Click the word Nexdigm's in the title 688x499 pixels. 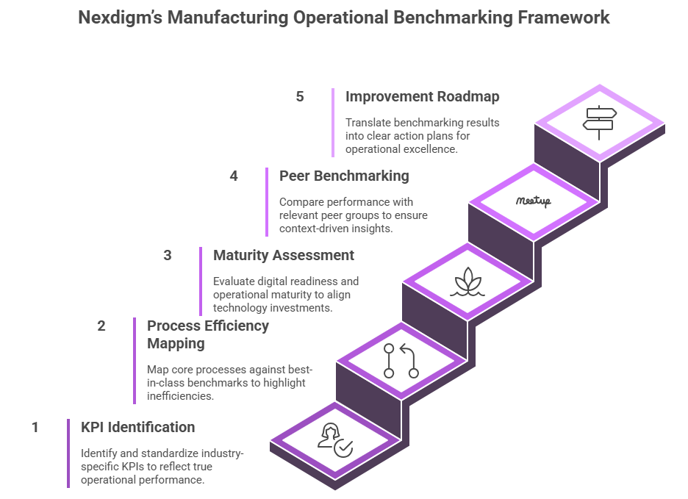point(119,18)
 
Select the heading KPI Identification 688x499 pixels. point(137,427)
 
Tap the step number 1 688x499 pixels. point(35,427)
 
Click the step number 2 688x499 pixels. point(101,326)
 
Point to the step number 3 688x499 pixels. point(168,255)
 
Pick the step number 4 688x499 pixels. point(234,176)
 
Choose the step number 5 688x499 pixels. point(300,96)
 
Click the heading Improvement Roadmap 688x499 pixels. point(422,96)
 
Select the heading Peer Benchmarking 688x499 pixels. point(344,176)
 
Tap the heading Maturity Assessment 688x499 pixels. point(284,255)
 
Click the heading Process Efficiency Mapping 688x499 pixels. point(208,334)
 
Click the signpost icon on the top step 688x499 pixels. point(599,122)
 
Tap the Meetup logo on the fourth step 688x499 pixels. point(533,201)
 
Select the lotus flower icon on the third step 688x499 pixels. point(467,281)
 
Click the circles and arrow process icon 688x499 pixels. point(401,360)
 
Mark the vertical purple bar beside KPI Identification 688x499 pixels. point(68,453)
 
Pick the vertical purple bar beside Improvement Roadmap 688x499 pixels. point(333,122)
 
